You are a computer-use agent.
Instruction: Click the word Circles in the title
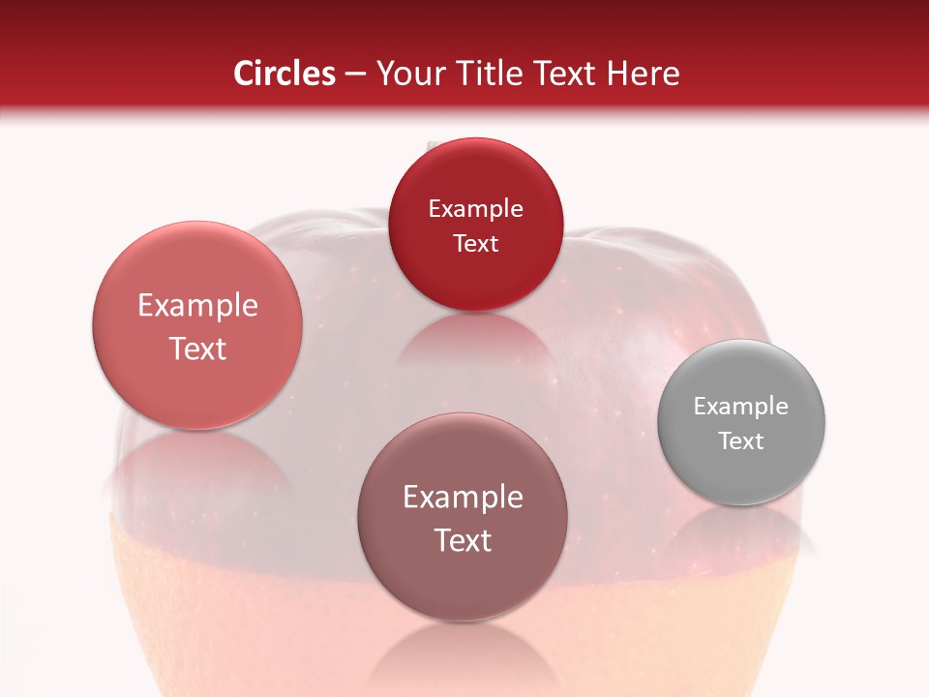pos(285,74)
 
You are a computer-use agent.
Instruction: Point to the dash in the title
pos(356,75)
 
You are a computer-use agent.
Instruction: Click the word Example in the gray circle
pos(741,407)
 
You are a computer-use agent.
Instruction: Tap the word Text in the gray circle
pos(741,441)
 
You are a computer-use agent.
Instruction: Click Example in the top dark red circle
pos(475,209)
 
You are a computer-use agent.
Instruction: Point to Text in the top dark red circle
pos(475,244)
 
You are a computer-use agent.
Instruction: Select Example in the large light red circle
pos(197,306)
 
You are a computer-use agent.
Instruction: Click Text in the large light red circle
pos(197,348)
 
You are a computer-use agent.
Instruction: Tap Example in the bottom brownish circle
pos(463,498)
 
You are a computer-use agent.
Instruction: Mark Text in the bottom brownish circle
pos(463,540)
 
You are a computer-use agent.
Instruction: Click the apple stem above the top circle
pos(435,145)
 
